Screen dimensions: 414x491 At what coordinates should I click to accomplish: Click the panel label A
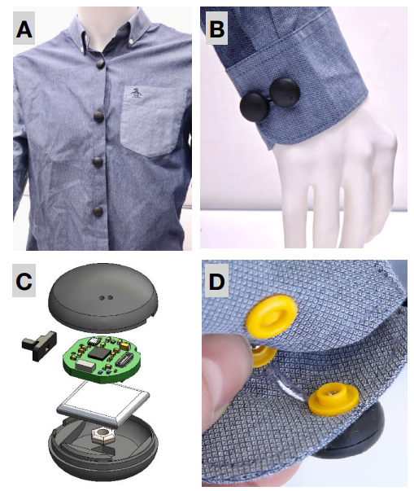24,29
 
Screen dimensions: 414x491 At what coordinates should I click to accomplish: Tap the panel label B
216,28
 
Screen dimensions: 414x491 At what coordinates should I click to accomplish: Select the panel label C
24,281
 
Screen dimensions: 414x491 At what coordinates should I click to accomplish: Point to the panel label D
216,281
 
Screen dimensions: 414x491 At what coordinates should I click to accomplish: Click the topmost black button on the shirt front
100,64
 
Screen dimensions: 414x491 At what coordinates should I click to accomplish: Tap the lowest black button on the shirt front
98,212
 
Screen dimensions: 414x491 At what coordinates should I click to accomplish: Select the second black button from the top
98,116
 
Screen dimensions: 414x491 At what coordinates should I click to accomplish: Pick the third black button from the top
98,161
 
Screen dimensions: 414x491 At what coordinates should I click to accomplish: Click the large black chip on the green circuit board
99,353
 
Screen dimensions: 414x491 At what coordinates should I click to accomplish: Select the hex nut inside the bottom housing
102,436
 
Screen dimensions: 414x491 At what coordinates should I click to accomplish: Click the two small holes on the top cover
107,298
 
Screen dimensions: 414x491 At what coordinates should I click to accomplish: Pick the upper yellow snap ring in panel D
272,316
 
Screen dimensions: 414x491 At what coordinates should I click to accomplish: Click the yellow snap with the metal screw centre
334,400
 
